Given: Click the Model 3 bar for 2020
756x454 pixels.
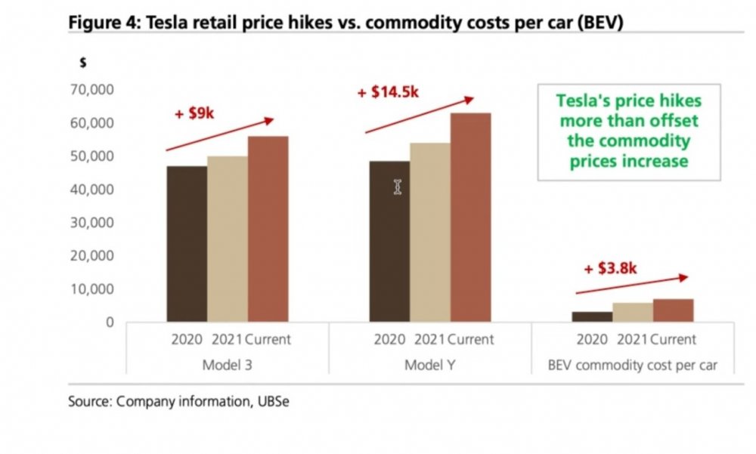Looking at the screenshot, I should tap(186, 244).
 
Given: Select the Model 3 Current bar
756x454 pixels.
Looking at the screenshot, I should tap(268, 229).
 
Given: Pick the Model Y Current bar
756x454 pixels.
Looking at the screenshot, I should tap(471, 218).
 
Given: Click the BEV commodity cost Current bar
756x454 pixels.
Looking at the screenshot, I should tap(674, 310).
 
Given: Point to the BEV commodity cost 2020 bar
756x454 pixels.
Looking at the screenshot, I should tap(592, 317).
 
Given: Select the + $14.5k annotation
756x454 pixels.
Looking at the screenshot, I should tap(387, 92).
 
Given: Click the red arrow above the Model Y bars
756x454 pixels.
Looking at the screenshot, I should tap(420, 115).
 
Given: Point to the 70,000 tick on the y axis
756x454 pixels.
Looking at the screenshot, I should tap(90, 90).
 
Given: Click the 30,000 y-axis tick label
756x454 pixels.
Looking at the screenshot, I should tap(90, 223).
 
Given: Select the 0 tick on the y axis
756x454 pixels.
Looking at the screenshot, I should tap(110, 323).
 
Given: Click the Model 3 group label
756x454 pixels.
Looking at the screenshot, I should tap(228, 366).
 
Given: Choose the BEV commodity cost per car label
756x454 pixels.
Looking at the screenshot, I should tap(633, 366).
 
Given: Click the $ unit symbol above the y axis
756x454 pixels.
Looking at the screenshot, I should tap(82, 63).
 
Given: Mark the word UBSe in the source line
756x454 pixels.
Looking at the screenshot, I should tap(272, 402).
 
